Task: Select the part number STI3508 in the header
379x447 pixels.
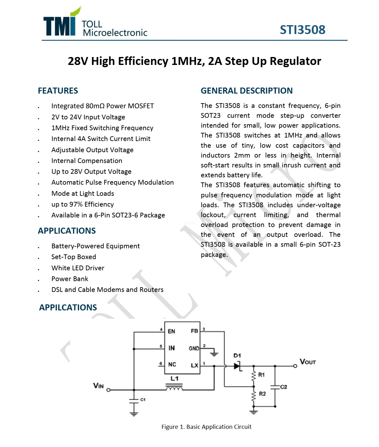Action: click(x=302, y=30)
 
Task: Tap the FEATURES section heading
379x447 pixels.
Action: click(x=58, y=91)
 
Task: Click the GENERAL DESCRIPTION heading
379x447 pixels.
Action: click(x=247, y=91)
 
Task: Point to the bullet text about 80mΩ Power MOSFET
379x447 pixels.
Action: click(x=103, y=106)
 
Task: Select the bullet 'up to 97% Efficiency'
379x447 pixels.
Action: click(x=82, y=204)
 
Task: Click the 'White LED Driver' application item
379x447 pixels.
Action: click(x=78, y=268)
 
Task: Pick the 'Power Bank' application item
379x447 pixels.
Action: click(x=70, y=279)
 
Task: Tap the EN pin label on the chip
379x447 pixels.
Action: click(x=171, y=331)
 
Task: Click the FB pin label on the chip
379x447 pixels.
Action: click(x=194, y=331)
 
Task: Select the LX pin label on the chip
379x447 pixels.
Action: click(x=194, y=365)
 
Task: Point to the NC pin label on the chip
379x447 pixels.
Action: click(x=172, y=365)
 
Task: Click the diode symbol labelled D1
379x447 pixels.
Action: click(x=237, y=366)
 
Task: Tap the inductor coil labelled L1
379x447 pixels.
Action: click(x=174, y=388)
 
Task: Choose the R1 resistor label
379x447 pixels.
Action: click(x=261, y=375)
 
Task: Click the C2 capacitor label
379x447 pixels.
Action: click(x=283, y=387)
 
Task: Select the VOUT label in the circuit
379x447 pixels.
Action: click(x=307, y=362)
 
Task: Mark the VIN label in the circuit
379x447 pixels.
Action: click(x=98, y=386)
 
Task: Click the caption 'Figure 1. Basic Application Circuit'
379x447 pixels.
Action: click(x=206, y=427)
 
